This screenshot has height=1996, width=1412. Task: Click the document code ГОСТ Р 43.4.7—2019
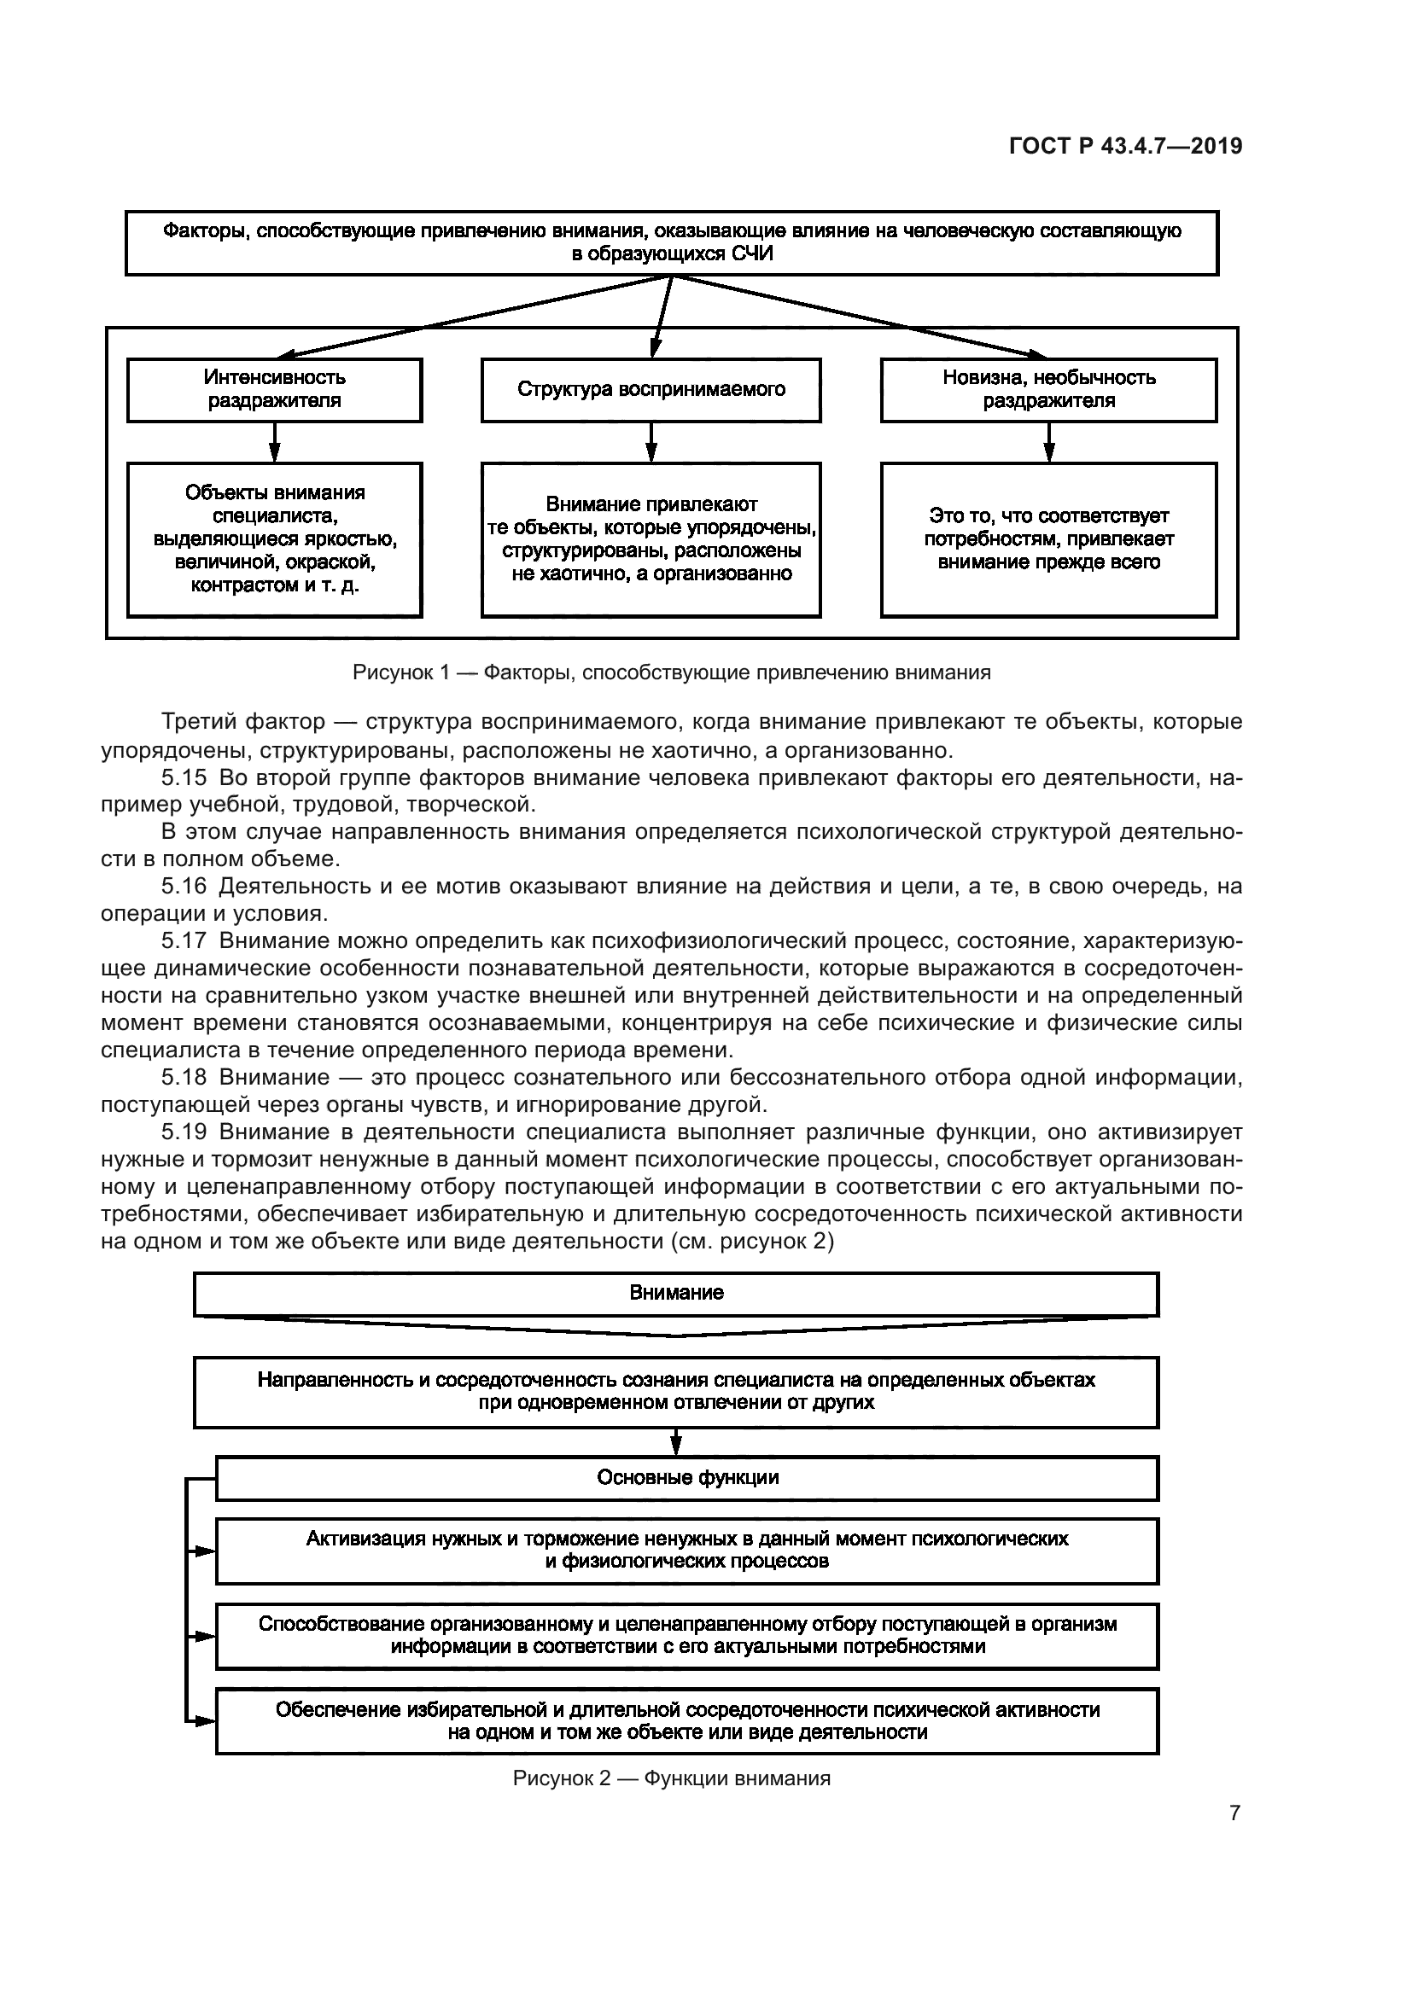click(1125, 146)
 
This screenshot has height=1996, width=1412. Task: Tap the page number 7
click(1234, 1813)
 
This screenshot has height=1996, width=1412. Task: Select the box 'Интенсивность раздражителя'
click(275, 389)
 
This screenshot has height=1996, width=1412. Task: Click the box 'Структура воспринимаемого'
click(651, 389)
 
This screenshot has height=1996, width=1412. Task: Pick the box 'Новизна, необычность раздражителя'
click(1048, 389)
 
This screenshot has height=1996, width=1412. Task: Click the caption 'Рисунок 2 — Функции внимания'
click(671, 1778)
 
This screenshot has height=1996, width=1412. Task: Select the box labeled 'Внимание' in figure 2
click(675, 1293)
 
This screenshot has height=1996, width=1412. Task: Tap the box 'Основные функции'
click(687, 1478)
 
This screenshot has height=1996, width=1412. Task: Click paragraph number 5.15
click(184, 777)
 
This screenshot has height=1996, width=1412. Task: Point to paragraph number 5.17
click(184, 940)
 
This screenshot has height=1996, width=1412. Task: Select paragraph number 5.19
click(184, 1132)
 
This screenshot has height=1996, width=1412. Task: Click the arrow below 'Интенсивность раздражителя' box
click(275, 443)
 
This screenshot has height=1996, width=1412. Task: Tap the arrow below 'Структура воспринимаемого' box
click(651, 443)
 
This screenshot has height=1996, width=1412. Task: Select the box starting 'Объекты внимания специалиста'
click(275, 539)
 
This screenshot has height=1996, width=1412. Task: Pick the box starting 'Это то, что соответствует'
click(1048, 539)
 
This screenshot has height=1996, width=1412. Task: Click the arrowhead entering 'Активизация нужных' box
click(205, 1551)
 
